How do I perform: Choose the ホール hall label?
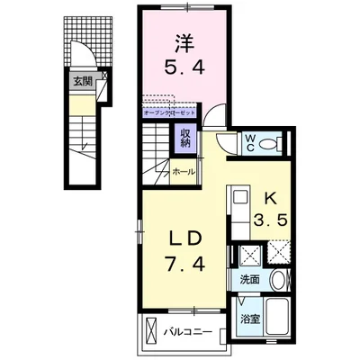point(183,171)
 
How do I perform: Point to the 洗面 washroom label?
point(249,280)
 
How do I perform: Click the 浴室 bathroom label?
point(249,319)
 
